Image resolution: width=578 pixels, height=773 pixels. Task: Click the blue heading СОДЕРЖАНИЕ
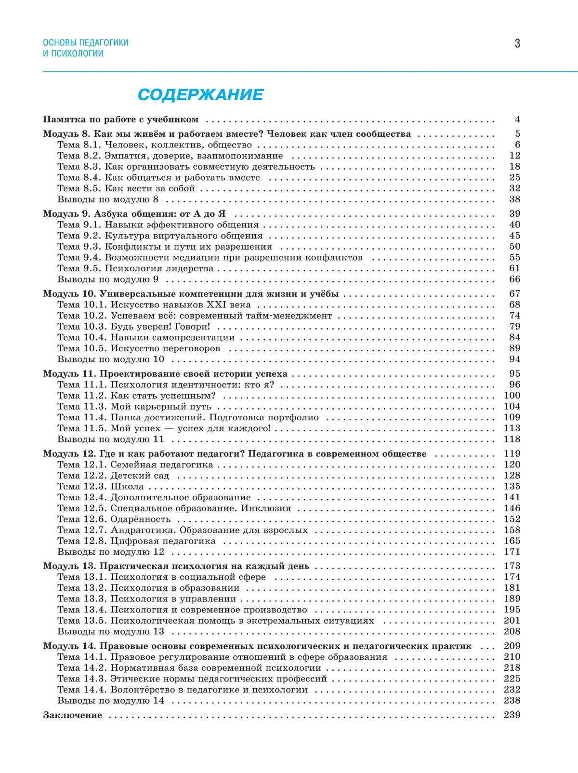(x=200, y=94)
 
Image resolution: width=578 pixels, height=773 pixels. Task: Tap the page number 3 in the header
(x=517, y=43)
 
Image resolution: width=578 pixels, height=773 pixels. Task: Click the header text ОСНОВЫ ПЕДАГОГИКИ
(x=86, y=42)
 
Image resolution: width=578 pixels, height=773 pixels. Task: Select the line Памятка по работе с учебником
(x=120, y=120)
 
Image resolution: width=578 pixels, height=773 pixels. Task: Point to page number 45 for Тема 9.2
(x=514, y=236)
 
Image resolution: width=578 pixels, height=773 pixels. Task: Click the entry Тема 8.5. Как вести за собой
(x=126, y=188)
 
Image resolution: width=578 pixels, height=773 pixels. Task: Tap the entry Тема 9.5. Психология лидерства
(x=135, y=268)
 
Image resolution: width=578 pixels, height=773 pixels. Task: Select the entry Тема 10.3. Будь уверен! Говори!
(x=134, y=327)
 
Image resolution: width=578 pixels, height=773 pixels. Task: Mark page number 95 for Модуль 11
(x=514, y=373)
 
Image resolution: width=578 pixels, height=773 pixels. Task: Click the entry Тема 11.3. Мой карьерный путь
(x=134, y=407)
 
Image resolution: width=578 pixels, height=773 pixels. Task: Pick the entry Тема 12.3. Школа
(x=101, y=487)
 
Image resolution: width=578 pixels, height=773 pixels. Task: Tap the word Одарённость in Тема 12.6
(x=141, y=520)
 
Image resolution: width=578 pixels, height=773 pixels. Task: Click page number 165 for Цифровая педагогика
(x=512, y=541)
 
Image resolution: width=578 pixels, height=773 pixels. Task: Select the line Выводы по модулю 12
(x=111, y=552)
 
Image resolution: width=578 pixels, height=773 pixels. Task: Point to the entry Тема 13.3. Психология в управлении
(x=147, y=599)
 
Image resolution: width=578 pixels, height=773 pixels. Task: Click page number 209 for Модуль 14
(x=512, y=646)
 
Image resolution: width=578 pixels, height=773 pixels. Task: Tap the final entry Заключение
(x=72, y=715)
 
